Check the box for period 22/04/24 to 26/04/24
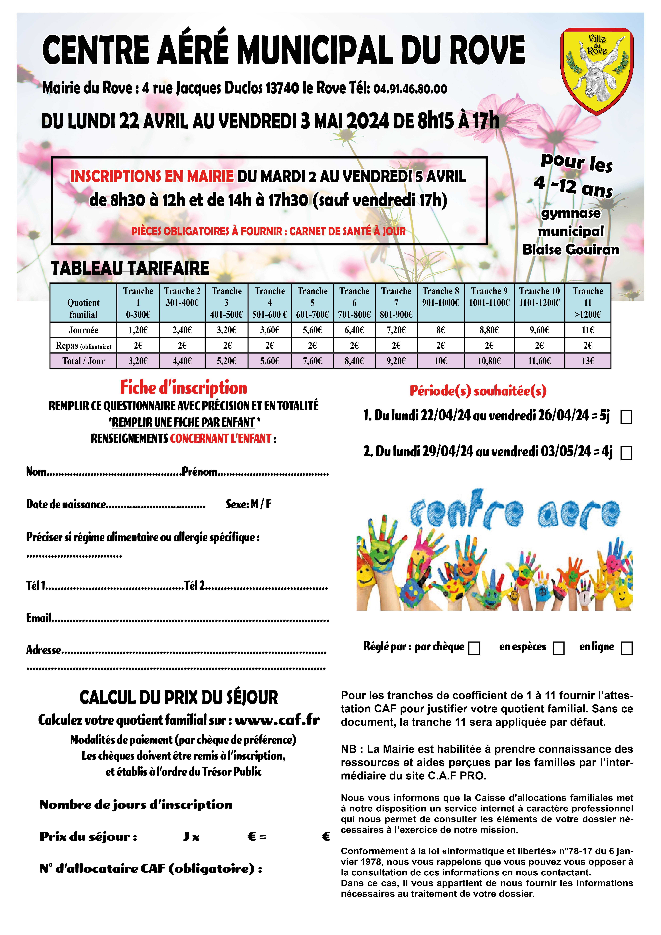point(626,417)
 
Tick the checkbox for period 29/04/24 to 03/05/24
point(626,453)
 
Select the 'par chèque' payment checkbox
point(474,648)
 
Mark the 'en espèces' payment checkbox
point(558,648)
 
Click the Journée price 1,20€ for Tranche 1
point(138,330)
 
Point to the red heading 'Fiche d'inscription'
point(183,387)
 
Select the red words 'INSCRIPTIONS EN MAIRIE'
point(152,176)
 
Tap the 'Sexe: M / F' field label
point(248,504)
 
